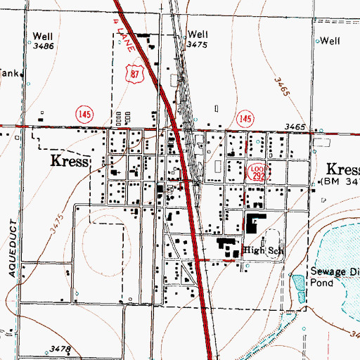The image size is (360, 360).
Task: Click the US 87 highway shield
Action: [x=135, y=72]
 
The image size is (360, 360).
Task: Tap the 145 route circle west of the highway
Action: [x=84, y=112]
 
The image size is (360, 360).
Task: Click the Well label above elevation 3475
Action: [x=198, y=34]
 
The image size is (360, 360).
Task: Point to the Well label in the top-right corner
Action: [x=330, y=41]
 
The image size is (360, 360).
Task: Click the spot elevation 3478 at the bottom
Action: [x=61, y=349]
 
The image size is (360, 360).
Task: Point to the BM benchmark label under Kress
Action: [x=340, y=181]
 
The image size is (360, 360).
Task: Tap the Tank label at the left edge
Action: [x=8, y=72]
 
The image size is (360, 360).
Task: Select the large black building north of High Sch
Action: [x=252, y=224]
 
